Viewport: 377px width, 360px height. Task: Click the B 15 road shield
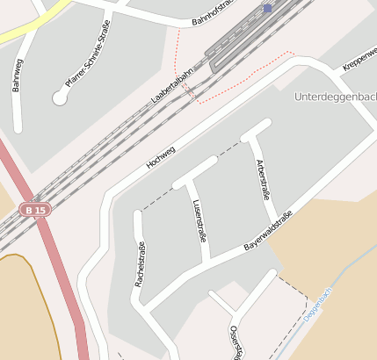[x=34, y=211]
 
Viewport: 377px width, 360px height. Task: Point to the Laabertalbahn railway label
[x=171, y=90]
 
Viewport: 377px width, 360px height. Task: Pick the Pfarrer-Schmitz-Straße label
[x=88, y=54]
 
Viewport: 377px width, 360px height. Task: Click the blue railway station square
[x=267, y=8]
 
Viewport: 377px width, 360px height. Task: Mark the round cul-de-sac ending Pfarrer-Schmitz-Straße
[x=60, y=98]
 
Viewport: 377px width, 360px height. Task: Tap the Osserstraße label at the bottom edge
[x=235, y=342]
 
